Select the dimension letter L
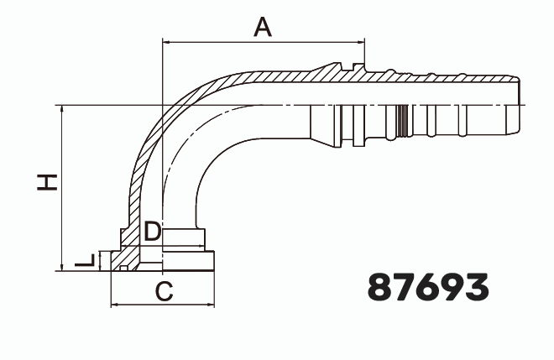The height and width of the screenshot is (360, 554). click(85, 262)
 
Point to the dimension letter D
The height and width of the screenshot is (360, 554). click(151, 232)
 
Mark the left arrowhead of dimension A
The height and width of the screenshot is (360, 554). click(165, 40)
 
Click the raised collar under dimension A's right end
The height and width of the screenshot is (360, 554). click(359, 70)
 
